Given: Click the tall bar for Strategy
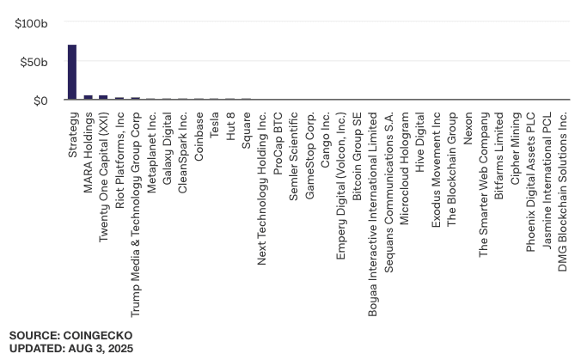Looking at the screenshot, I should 72,72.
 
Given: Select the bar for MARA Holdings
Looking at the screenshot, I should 88,97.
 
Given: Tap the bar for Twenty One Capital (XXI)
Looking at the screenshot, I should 103,97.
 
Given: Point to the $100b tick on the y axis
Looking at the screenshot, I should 32,24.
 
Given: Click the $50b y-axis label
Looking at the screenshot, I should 35,62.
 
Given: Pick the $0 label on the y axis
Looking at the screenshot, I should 40,101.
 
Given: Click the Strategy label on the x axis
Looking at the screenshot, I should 73,133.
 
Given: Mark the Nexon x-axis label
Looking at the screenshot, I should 468,127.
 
